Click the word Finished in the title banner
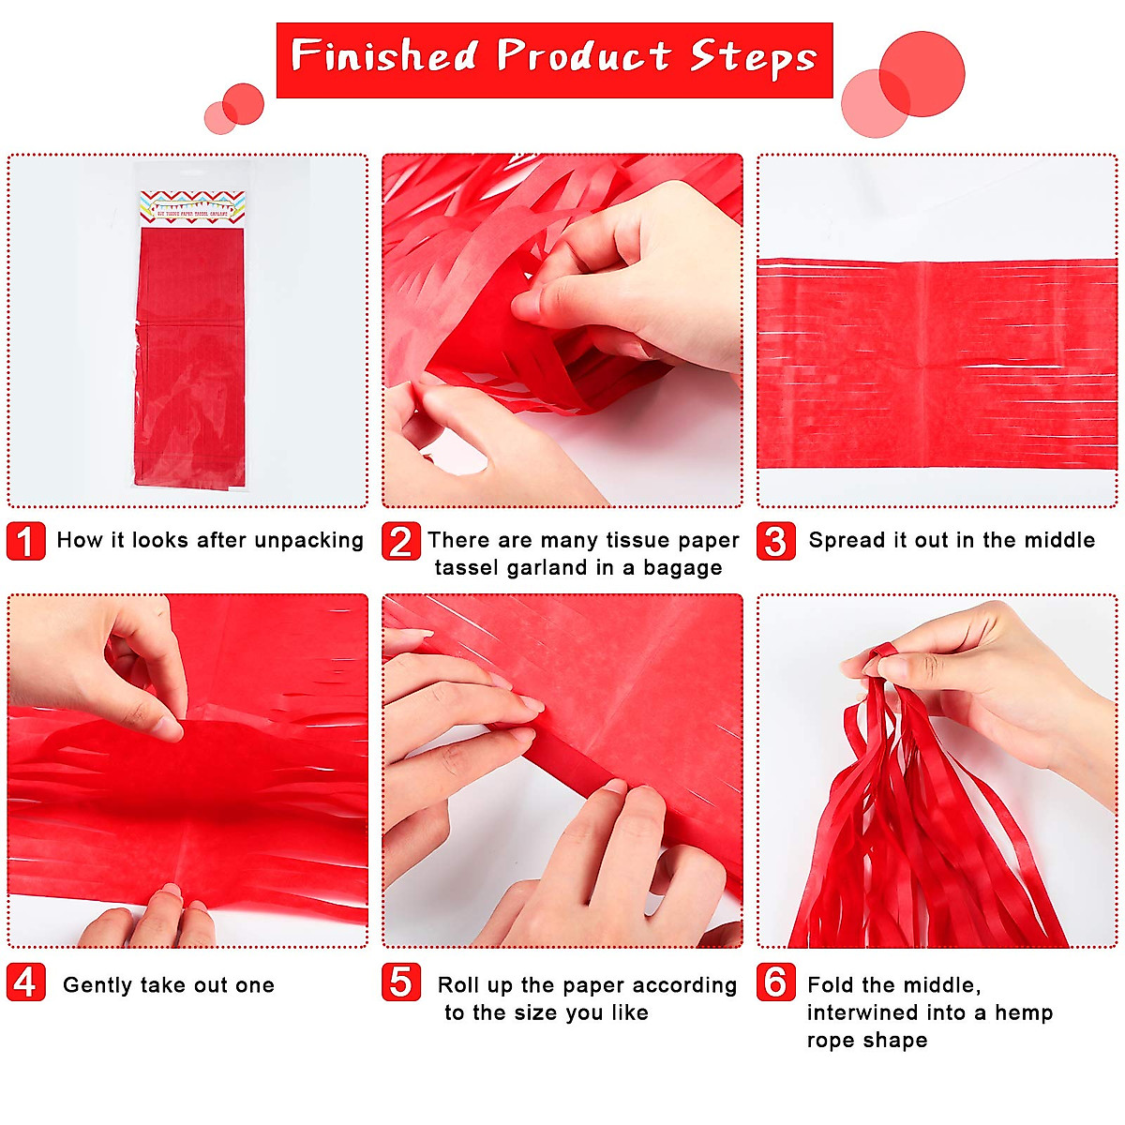tap(384, 56)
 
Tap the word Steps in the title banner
tap(754, 58)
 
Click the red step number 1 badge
tap(25, 541)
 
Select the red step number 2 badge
tap(400, 541)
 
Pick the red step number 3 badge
tap(775, 541)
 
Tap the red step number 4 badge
tap(25, 982)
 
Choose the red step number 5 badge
tap(400, 982)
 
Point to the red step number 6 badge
tap(775, 982)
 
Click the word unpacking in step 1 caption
tap(308, 541)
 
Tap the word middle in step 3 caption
tap(1059, 540)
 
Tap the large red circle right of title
tap(922, 74)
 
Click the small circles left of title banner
tap(234, 109)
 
